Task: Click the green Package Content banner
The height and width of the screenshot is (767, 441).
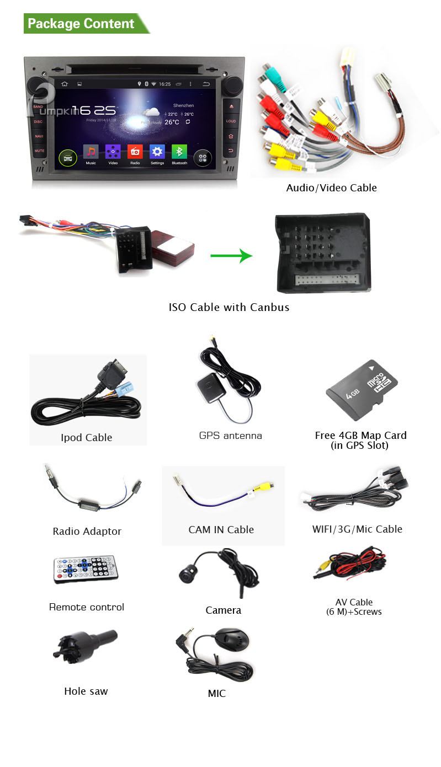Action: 83,24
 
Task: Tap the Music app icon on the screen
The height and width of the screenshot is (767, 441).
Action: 91,152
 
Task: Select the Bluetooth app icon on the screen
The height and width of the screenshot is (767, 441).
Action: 179,152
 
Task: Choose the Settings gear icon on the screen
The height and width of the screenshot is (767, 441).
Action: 157,152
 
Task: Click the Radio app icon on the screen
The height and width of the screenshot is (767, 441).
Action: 135,152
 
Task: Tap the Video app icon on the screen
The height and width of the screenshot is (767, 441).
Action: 113,152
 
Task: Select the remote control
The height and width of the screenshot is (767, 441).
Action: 85,569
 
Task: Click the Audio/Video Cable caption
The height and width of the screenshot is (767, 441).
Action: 331,187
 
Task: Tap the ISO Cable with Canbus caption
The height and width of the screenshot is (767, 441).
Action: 229,307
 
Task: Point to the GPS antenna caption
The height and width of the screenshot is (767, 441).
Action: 230,436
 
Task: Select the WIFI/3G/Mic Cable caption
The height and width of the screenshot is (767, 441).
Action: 357,529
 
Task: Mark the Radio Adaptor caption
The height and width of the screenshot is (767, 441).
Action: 87,531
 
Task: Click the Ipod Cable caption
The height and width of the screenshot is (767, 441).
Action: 86,437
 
